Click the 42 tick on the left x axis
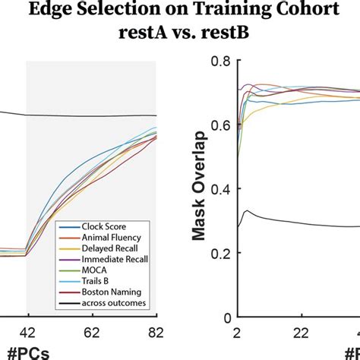point(27,331)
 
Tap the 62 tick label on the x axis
point(91,331)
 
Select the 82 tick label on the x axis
point(156,331)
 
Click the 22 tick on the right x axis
point(301,331)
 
